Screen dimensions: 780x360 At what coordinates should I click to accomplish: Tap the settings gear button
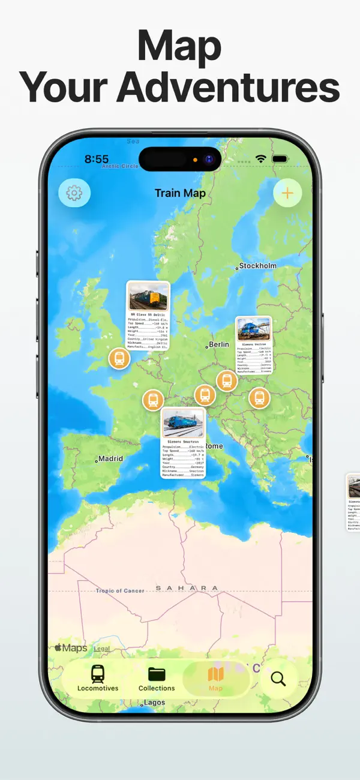point(74,193)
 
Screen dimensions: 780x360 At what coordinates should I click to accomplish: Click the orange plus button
point(287,193)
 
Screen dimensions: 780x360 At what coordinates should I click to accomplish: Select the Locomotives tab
point(98,679)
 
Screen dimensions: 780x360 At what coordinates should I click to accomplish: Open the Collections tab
point(157,679)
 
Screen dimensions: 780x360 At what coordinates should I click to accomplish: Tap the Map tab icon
point(215,674)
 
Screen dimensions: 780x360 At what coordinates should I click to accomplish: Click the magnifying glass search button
point(278,679)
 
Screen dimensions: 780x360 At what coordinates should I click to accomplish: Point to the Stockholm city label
point(258,266)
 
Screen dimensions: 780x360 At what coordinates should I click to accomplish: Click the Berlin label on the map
point(219,344)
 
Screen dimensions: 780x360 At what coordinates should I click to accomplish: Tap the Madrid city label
point(110,458)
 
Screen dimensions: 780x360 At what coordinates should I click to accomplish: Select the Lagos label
point(155,703)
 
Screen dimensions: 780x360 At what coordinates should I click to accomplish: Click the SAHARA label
point(187,588)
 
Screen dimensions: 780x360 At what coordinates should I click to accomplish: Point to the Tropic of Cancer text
point(120,591)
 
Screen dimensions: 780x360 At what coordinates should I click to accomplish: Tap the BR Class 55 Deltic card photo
point(148,296)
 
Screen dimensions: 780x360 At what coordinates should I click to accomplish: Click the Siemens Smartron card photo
point(182,424)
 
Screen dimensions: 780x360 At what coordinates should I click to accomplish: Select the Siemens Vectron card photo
point(253,329)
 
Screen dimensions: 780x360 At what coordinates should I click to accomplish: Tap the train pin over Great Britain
point(119,359)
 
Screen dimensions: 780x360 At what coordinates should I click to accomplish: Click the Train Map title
point(180,193)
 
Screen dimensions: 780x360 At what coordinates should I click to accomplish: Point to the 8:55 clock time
point(97,159)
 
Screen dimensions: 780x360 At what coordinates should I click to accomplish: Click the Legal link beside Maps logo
point(102,649)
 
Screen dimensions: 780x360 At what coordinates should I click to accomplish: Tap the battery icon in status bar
point(280,159)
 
